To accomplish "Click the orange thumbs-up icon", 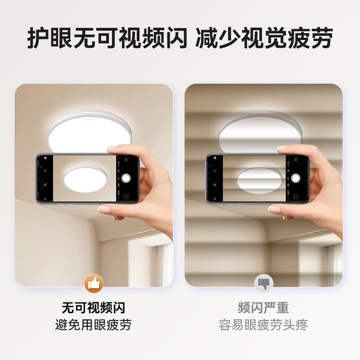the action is (94, 283).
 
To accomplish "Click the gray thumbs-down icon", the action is (264, 283).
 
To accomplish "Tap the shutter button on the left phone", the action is (126, 178).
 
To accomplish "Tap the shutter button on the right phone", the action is (296, 178).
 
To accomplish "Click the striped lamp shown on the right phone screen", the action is (259, 179).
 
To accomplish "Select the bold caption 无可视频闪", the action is (94, 308).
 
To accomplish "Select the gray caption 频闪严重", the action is (263, 308).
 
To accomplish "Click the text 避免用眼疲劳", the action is (93, 325).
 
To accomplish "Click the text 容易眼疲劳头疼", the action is (263, 325).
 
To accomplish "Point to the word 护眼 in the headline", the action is (50, 38).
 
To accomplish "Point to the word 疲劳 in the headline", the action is (310, 38).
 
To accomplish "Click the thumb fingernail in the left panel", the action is (104, 209).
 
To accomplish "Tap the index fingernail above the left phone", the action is (111, 148).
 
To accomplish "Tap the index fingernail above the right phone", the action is (282, 148).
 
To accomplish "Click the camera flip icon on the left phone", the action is (126, 160).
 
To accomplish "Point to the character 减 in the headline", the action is (206, 38).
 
